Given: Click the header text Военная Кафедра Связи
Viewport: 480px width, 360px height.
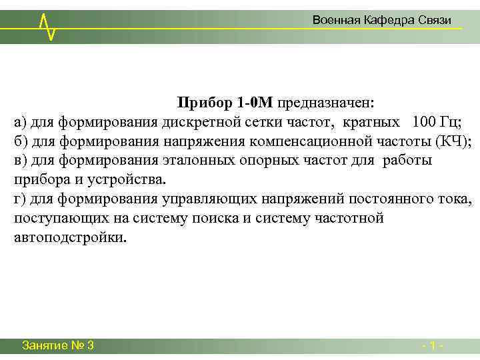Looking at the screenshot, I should [x=382, y=21].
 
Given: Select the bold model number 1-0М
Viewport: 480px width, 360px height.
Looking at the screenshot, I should [x=254, y=103].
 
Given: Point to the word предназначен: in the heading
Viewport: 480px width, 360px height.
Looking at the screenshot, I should [x=326, y=103].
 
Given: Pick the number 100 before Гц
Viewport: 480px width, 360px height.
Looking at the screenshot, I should [x=425, y=122].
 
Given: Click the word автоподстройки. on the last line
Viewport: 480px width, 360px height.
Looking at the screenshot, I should [x=69, y=238].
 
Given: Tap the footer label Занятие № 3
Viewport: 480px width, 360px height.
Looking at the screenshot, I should [x=57, y=345].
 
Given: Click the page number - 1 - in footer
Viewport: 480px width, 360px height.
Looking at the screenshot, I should [x=433, y=345].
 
